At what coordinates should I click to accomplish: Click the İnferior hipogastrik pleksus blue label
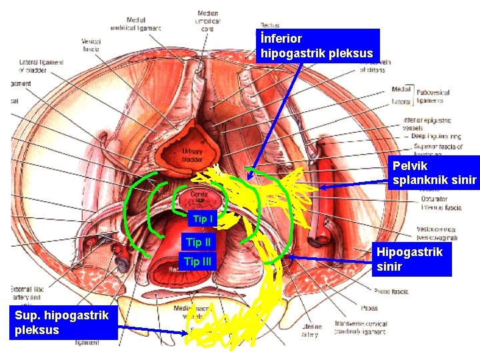point(317,46)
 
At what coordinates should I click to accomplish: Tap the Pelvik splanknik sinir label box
point(434,173)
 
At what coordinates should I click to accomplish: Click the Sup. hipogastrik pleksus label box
point(63,323)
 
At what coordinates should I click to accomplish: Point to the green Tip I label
point(202,219)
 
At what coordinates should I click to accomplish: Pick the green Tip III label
point(197,261)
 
